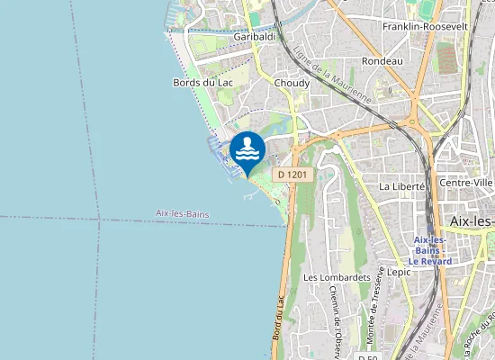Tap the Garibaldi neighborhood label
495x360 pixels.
[254, 37]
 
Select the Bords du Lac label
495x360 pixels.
[197, 82]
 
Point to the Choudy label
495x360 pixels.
[292, 83]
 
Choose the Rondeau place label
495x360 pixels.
[381, 60]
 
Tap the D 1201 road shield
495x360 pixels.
[293, 174]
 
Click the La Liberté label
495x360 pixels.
[401, 186]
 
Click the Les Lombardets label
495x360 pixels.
[337, 277]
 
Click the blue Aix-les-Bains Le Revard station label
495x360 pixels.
[432, 250]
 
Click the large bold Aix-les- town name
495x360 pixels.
[471, 221]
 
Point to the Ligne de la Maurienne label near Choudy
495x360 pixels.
[332, 73]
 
